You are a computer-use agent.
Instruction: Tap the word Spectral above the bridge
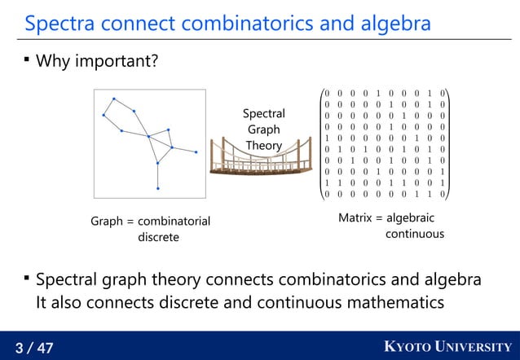[263, 114]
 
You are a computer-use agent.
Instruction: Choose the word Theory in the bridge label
[263, 146]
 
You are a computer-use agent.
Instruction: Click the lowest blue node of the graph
[157, 189]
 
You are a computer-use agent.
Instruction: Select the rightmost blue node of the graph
[196, 152]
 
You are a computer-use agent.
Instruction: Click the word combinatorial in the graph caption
[174, 221]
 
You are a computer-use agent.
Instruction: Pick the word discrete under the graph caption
[158, 237]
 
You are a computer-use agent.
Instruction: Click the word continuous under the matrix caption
[415, 235]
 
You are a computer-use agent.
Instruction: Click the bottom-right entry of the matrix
[443, 195]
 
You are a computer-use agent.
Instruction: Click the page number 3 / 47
[34, 349]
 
